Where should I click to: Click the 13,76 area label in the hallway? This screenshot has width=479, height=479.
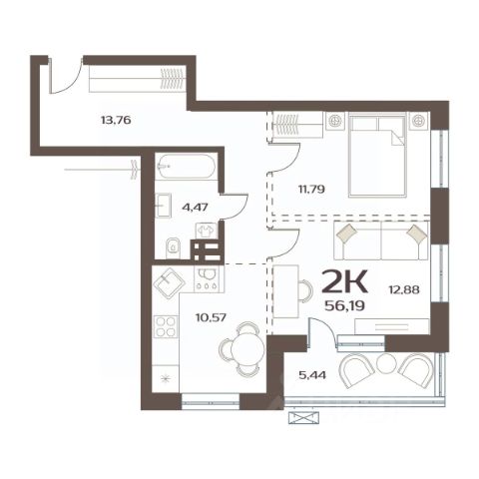pyautogui.click(x=116, y=120)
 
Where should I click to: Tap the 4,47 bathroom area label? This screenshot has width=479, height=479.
pyautogui.click(x=195, y=208)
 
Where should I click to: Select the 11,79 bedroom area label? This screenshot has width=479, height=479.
pyautogui.click(x=311, y=190)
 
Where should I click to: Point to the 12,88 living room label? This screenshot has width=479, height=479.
pyautogui.click(x=404, y=289)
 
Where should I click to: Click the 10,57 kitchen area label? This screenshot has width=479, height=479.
pyautogui.click(x=211, y=317)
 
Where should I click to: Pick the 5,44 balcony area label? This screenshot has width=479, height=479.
pyautogui.click(x=312, y=375)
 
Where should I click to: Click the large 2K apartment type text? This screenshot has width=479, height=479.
pyautogui.click(x=345, y=281)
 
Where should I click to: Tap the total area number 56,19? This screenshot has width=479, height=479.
pyautogui.click(x=345, y=305)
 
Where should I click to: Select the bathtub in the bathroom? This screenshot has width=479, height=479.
pyautogui.click(x=187, y=167)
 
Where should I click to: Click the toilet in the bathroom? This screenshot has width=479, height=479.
pyautogui.click(x=173, y=248)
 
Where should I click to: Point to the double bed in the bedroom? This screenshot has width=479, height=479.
pyautogui.click(x=377, y=155)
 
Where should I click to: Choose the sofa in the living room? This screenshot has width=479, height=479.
pyautogui.click(x=381, y=240)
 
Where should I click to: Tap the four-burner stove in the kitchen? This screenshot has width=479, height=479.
pyautogui.click(x=166, y=327)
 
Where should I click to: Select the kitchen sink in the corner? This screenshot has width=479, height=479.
pyautogui.click(x=169, y=282)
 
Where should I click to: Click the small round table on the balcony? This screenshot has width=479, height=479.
pyautogui.click(x=386, y=364)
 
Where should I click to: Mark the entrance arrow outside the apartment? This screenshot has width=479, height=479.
pyautogui.click(x=102, y=170)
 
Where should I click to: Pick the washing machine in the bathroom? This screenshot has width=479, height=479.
pyautogui.click(x=207, y=231)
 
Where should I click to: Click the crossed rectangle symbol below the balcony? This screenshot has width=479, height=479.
pyautogui.click(x=303, y=418)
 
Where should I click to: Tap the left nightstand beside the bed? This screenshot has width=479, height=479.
pyautogui.click(x=335, y=121)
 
